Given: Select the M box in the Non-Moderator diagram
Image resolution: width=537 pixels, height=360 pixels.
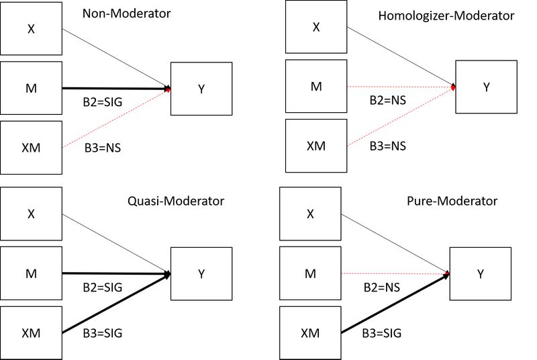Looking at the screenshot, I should (x=31, y=87).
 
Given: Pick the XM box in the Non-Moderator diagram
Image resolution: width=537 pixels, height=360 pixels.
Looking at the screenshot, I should (x=31, y=148).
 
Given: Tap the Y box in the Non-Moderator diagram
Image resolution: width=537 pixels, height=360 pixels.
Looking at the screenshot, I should (x=201, y=89).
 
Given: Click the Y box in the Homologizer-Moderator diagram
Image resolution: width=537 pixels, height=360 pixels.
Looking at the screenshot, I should (x=486, y=87).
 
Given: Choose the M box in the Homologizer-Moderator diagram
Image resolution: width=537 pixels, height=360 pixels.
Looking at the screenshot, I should (x=315, y=86).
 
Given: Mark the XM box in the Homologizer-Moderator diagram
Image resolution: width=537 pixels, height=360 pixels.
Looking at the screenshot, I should (x=315, y=146).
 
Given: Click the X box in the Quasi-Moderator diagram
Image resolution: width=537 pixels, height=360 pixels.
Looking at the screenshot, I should (x=31, y=214).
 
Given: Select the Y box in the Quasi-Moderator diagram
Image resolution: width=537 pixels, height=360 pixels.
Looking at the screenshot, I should (x=201, y=273).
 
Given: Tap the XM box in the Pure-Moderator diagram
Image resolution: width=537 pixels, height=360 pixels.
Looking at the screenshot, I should (x=309, y=332).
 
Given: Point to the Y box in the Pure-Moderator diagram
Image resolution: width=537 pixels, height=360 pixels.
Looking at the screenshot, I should (x=479, y=273).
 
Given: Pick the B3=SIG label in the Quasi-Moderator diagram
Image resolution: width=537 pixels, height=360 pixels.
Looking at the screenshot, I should (x=103, y=332).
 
